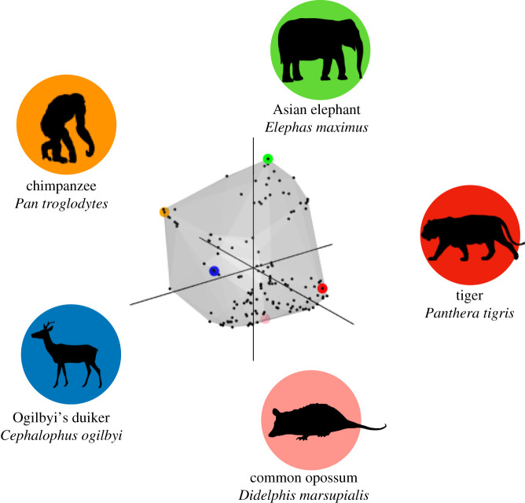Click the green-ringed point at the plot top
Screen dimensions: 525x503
point(268,159)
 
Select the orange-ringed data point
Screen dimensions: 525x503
point(164,211)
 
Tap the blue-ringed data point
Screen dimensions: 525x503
point(214,271)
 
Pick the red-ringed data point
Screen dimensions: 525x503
point(322,289)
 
